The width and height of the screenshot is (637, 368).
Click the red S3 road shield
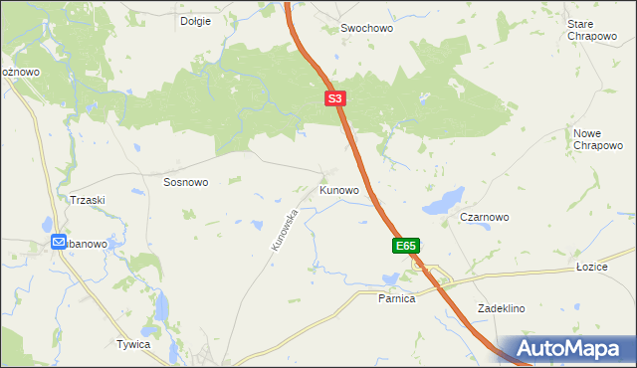point(335,99)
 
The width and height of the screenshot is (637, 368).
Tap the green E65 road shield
point(405,245)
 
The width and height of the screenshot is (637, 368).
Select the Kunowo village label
point(338,189)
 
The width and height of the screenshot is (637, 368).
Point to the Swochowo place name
point(367,29)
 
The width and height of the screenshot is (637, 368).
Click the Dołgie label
point(195,21)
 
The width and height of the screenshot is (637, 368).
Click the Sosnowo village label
point(186,183)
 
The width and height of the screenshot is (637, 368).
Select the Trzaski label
point(88,200)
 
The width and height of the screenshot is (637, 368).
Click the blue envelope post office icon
point(60,243)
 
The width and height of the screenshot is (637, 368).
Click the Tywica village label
point(132,344)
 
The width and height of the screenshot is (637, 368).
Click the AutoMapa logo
point(572,349)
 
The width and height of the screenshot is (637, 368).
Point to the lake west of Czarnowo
point(444,200)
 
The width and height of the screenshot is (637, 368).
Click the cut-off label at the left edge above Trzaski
point(19,72)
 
